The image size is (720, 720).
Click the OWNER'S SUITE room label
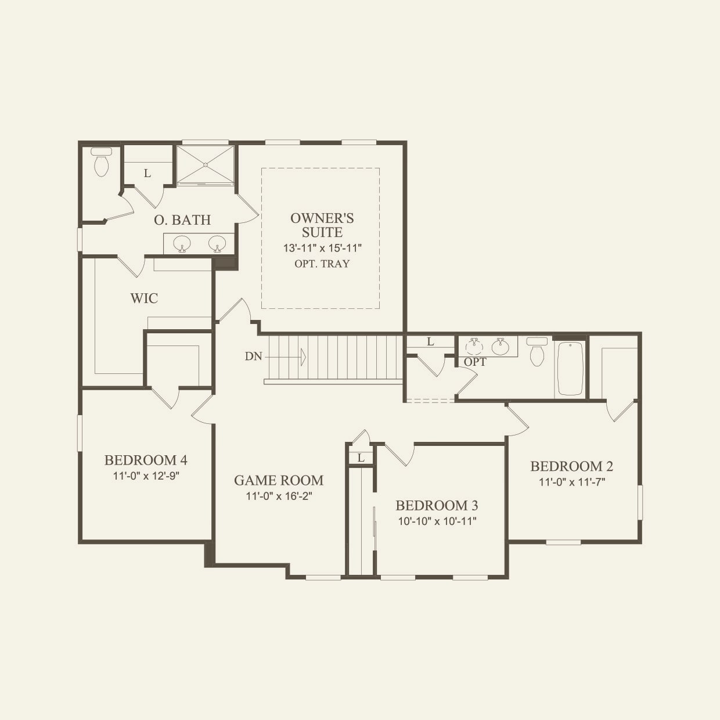(322, 225)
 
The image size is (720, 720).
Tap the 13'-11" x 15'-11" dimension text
(322, 248)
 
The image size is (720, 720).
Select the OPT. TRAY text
(322, 264)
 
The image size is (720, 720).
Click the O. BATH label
(182, 220)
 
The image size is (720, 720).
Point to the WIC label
(144, 298)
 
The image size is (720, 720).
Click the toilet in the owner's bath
(102, 162)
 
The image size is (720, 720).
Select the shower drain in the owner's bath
(206, 165)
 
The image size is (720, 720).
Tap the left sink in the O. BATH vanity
(182, 243)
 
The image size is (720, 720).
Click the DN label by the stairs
(253, 357)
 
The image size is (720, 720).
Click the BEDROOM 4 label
(146, 460)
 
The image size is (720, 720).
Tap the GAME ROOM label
(279, 480)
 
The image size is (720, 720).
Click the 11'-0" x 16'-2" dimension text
(279, 496)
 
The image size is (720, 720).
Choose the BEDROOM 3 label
(437, 505)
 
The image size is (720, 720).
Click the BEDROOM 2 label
(572, 466)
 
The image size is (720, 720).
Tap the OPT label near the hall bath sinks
(475, 362)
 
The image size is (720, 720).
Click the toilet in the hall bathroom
(537, 352)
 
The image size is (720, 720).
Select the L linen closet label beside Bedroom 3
(361, 458)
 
